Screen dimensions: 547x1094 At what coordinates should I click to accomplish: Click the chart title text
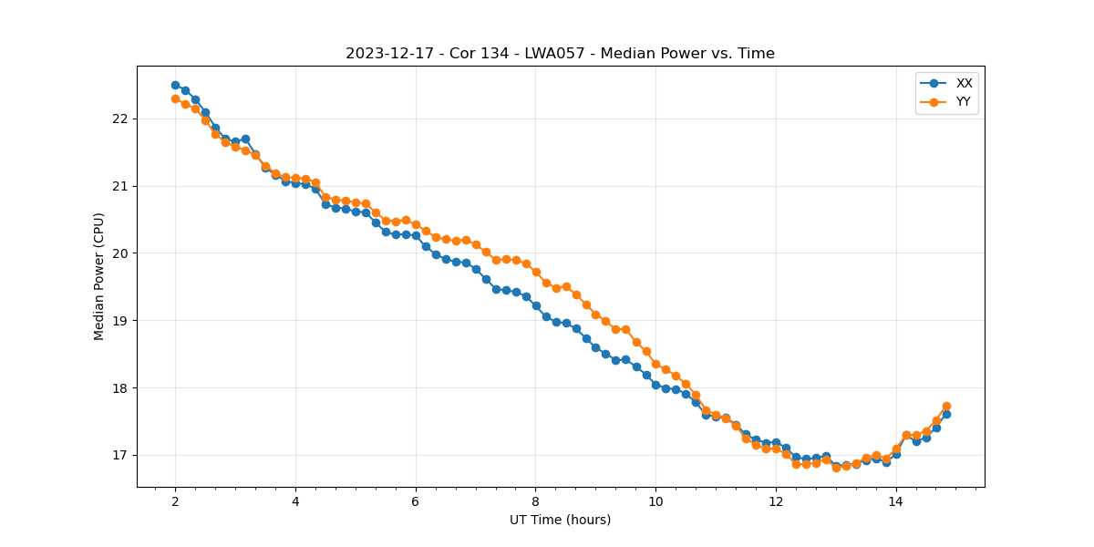click(560, 54)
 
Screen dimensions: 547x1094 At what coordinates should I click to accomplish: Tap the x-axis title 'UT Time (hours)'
click(560, 520)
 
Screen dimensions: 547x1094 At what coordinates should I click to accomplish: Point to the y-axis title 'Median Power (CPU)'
click(99, 276)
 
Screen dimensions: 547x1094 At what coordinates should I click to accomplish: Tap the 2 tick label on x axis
click(175, 501)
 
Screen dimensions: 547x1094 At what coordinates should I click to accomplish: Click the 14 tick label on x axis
click(896, 501)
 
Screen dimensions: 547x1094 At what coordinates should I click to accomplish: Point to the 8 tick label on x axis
click(536, 501)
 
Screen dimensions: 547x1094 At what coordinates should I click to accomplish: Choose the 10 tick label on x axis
click(655, 501)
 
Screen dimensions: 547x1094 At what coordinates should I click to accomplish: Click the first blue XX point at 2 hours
click(175, 85)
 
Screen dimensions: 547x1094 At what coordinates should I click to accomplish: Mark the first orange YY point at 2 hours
click(175, 98)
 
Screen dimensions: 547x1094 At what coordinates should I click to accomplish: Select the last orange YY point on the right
click(946, 406)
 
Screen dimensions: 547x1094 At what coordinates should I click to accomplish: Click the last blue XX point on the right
click(946, 414)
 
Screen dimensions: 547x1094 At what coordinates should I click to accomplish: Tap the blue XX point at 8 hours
click(536, 305)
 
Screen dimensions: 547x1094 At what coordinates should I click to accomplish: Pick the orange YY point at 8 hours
click(536, 272)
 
